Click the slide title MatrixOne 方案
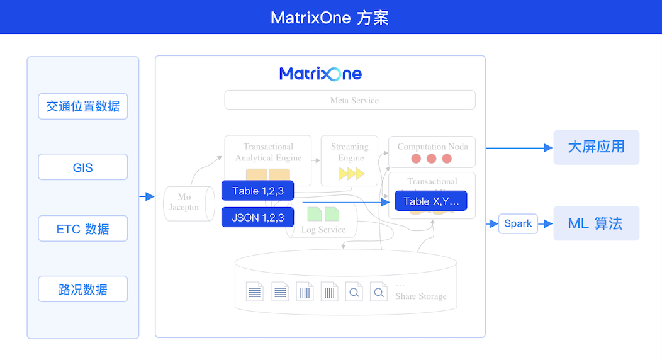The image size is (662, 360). coord(330,17)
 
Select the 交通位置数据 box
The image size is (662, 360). coord(83,106)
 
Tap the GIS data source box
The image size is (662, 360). coord(83,167)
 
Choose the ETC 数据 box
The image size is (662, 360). coord(83,228)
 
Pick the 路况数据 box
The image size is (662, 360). coord(83,289)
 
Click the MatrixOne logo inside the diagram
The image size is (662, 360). coord(320,74)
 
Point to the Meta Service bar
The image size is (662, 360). coord(350,100)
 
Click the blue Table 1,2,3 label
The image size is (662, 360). coord(257,191)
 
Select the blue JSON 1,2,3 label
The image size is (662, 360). coord(257,218)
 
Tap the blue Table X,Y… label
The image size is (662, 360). coord(430,201)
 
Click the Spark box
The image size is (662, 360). coord(518,223)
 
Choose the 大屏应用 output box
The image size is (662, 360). coord(596,147)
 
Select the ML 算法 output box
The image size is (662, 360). coord(596,223)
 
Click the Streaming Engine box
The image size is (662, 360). coord(350,160)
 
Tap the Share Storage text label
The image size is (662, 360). coord(421,296)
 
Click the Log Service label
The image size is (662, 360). coord(323,230)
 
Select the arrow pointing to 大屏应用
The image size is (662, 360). coord(519,148)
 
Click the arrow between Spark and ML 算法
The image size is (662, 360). coord(546,223)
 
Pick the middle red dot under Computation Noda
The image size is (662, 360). coord(431,159)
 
